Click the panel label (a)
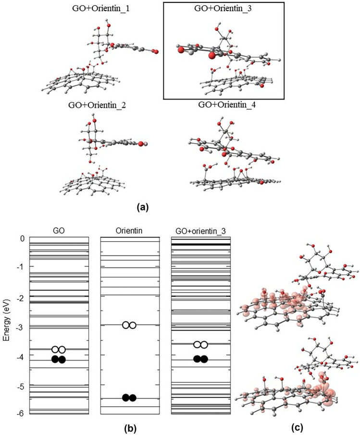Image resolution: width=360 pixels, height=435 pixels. point(143,207)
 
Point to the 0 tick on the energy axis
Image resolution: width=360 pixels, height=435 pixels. point(22,238)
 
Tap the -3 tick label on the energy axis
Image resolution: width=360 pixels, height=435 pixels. point(20,327)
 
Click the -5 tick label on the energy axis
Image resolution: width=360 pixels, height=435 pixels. point(20,385)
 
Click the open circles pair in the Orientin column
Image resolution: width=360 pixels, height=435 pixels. point(129,325)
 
